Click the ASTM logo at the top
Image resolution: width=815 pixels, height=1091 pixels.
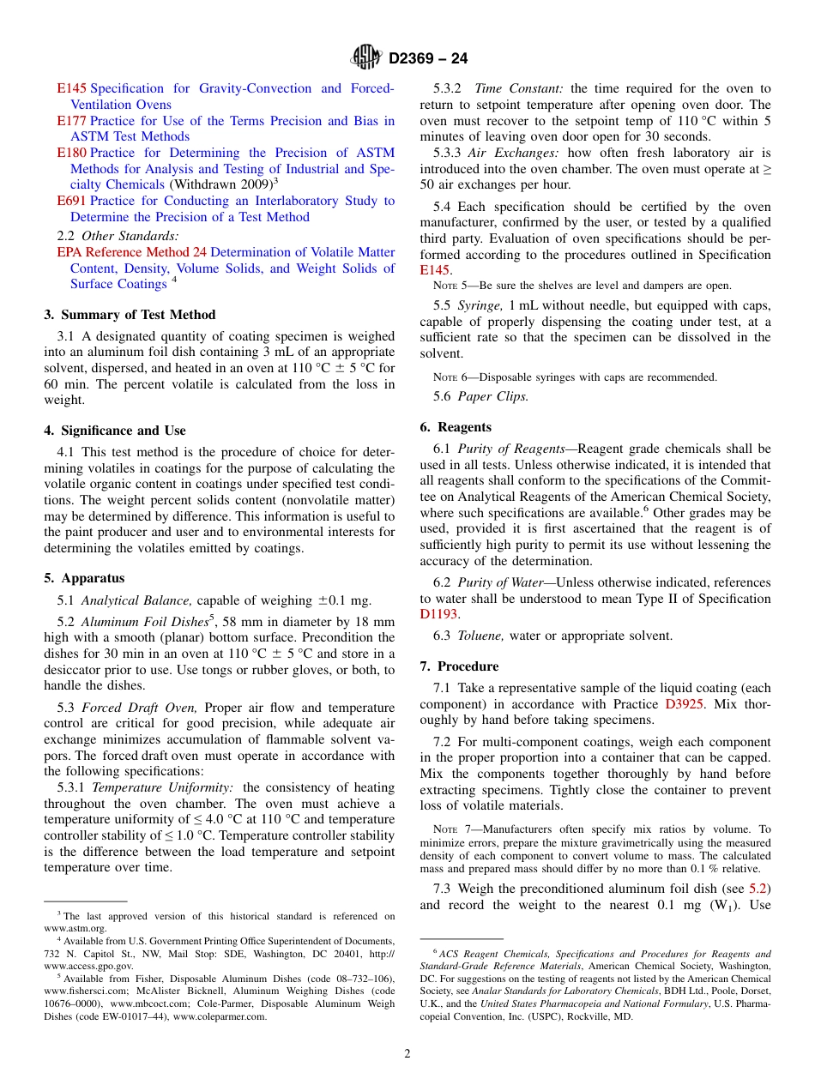tap(367, 58)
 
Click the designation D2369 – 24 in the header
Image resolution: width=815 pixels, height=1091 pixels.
tap(428, 59)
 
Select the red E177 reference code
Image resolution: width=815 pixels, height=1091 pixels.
tap(71, 121)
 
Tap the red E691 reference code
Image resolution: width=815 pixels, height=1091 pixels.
tap(71, 201)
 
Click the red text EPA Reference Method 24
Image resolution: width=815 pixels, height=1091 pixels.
tap(131, 252)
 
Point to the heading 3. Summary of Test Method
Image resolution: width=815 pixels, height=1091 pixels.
tap(130, 315)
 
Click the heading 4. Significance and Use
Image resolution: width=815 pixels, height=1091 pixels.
tap(115, 431)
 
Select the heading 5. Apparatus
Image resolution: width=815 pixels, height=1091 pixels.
tap(84, 578)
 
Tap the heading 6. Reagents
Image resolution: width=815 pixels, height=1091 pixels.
tap(456, 427)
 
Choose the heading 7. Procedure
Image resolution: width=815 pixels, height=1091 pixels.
tap(459, 666)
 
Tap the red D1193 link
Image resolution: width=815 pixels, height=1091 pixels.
tap(438, 614)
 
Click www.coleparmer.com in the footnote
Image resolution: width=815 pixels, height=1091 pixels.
tap(220, 1016)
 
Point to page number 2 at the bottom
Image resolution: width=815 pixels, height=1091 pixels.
tap(407, 1054)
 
